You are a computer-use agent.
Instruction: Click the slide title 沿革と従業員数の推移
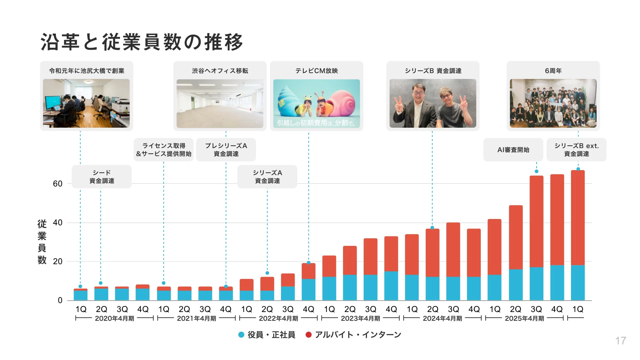coord(142,42)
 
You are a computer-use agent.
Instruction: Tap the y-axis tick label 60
coord(58,184)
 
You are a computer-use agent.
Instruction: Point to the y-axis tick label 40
coord(58,223)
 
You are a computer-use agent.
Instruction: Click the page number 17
coord(620,341)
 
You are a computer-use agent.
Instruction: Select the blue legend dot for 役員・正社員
coord(241,335)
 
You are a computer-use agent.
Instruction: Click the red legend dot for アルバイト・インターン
coord(309,335)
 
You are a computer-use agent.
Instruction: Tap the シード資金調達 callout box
coord(102,177)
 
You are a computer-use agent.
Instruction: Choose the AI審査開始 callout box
coord(513,150)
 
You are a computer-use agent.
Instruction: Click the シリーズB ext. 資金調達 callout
coord(576,150)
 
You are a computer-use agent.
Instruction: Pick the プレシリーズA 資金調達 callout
coord(226,150)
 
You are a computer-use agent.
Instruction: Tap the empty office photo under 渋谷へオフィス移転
coord(220,103)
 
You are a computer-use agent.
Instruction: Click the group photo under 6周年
coord(553,103)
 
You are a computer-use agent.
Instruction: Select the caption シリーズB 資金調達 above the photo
coord(433,71)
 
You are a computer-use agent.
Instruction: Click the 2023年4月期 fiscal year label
coord(360,318)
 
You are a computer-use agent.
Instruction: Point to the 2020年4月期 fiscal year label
coord(114,318)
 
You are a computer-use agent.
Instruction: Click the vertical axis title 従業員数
coord(42,242)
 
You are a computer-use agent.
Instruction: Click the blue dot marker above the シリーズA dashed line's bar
coord(267,273)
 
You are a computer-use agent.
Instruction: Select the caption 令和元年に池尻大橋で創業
coord(87,71)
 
